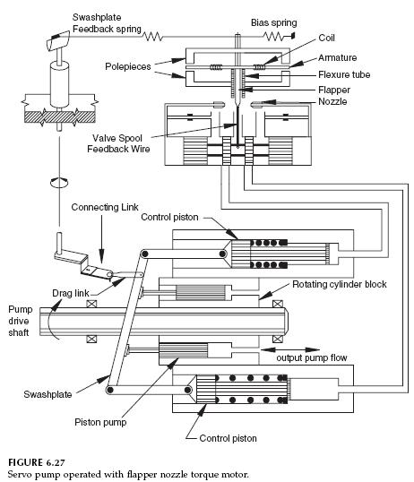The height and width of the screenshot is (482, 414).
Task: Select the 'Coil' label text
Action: [x=325, y=39]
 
